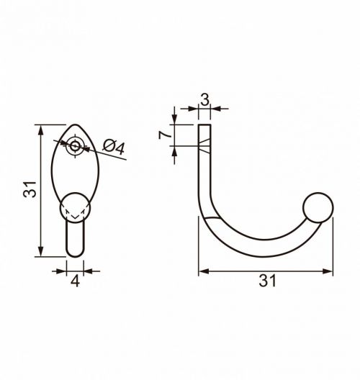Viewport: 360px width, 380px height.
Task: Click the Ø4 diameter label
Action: pos(114,147)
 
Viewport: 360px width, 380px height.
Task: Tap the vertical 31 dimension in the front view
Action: pos(30,189)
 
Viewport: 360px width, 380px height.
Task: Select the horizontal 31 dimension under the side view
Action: pos(267,281)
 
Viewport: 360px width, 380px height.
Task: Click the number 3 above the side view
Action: pos(205,99)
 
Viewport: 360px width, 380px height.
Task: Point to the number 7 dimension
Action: pos(165,135)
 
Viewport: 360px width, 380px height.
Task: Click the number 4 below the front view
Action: pos(75,281)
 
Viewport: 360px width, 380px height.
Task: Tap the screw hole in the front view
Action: pos(75,146)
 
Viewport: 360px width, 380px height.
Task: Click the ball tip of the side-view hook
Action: pos(318,207)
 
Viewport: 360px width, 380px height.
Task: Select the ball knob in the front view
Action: pos(75,207)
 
